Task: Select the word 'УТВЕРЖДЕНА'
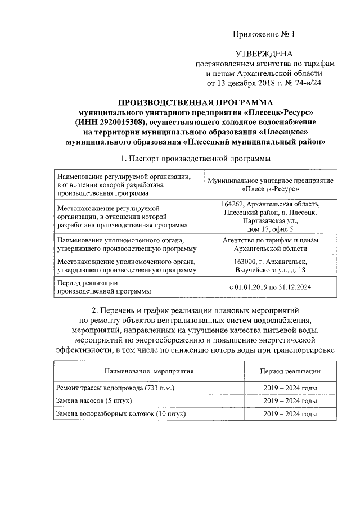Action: coord(264,54)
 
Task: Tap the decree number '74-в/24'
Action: coord(308,83)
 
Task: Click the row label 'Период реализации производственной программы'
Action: coord(104,287)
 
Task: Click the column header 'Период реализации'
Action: coord(290,371)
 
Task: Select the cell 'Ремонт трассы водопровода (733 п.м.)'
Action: coord(115,388)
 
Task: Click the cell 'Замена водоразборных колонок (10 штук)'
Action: coord(121,414)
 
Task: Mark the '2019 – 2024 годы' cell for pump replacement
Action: coord(290,401)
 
